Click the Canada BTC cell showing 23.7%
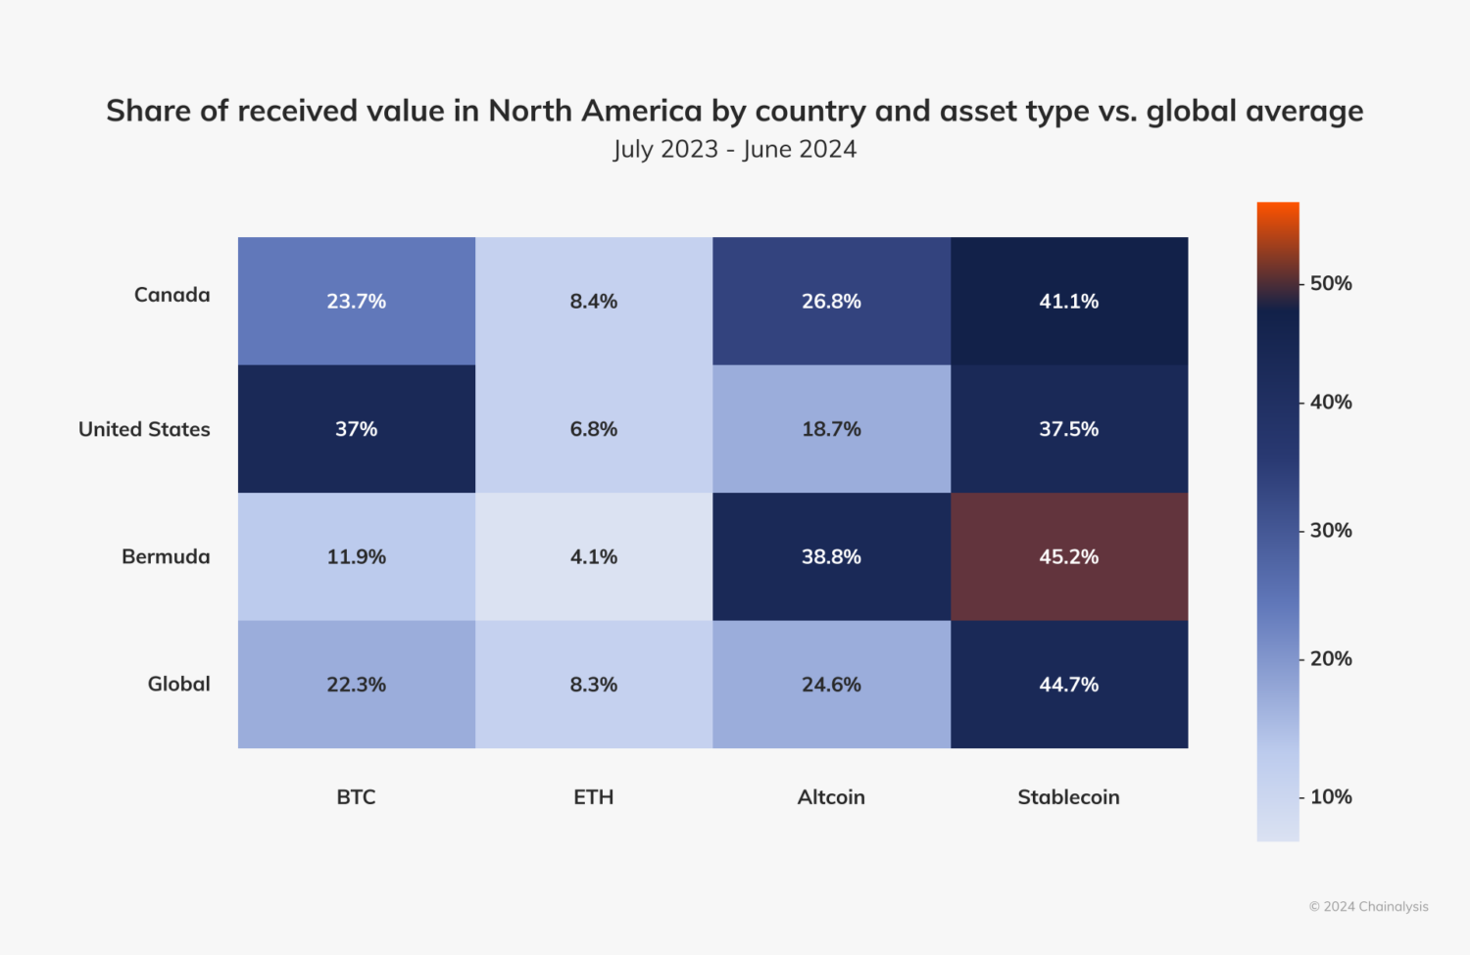click(356, 301)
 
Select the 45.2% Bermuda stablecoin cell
click(1068, 556)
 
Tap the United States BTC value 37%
click(356, 429)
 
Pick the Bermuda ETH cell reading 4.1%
click(594, 556)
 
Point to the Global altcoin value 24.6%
click(831, 685)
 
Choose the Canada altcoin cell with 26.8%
click(831, 301)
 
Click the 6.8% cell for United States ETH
click(594, 429)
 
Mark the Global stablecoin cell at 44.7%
click(1068, 685)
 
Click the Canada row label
click(171, 295)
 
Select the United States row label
click(144, 429)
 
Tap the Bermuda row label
click(166, 556)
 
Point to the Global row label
click(178, 684)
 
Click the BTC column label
click(356, 797)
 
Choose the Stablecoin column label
click(1068, 797)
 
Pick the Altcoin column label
click(831, 797)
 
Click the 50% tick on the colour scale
click(1330, 284)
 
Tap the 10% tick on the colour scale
click(1330, 797)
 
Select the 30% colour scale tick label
click(1330, 531)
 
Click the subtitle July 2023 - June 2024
click(735, 149)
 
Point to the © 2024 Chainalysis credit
click(1368, 907)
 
